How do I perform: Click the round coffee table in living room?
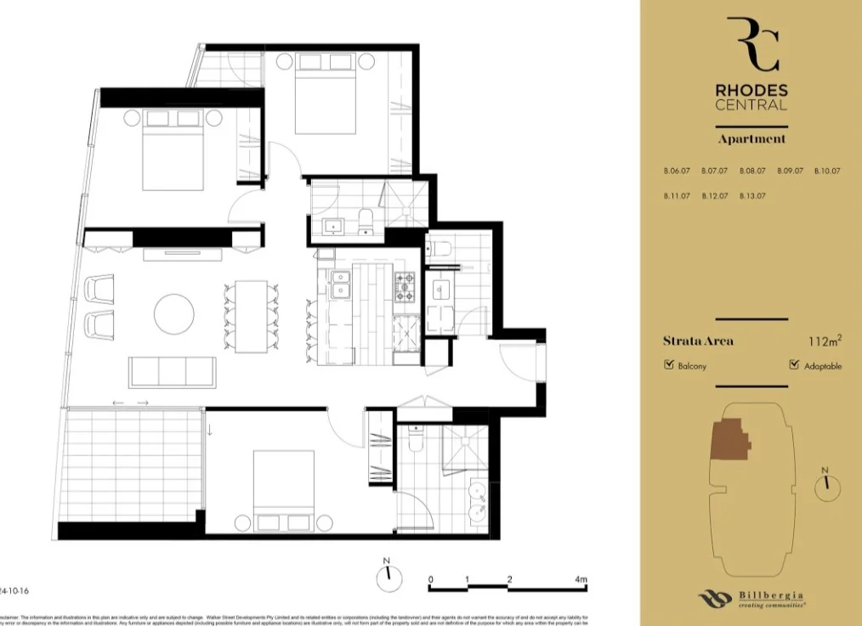[x=173, y=313]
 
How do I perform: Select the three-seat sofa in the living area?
[x=172, y=372]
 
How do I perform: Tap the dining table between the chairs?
[x=251, y=316]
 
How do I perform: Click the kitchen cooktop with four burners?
[x=405, y=286]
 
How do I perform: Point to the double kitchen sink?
[x=342, y=285]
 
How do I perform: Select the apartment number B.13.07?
[x=752, y=196]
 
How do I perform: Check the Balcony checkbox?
[x=669, y=366]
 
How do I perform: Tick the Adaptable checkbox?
[x=794, y=366]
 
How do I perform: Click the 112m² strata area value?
[x=825, y=341]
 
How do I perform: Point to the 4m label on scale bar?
[x=581, y=579]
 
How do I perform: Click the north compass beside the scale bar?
[x=388, y=578]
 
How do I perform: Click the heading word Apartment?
[x=751, y=138]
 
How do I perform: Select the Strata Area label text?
[x=698, y=341]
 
